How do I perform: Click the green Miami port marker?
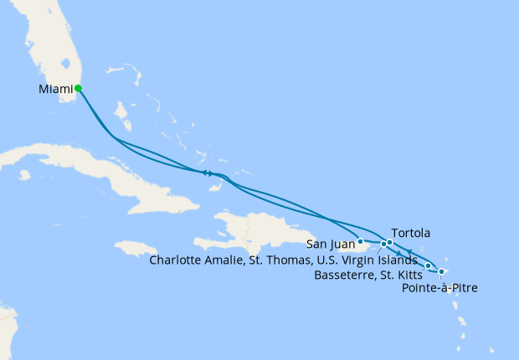78,88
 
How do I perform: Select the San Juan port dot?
360,242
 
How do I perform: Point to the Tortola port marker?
390,243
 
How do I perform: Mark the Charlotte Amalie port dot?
383,244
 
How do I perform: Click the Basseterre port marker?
429,266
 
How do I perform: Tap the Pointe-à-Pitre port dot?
442,272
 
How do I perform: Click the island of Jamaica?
135,249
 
